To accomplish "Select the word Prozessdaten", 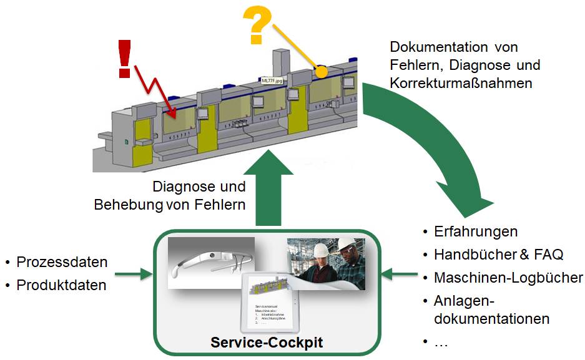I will coord(62,262).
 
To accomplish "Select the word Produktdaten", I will coord(61,285).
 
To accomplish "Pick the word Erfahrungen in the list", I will coord(476,231).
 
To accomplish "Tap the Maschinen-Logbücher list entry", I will coord(508,278).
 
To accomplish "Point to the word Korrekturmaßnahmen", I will coord(461,82).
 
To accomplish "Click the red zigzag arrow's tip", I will coord(177,116).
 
